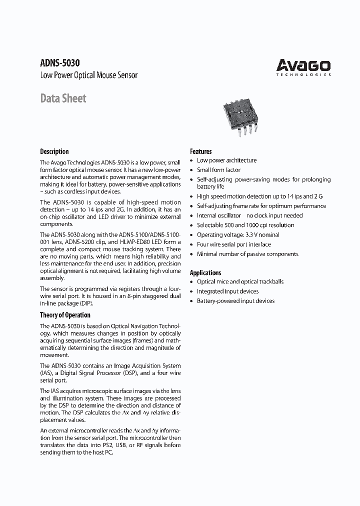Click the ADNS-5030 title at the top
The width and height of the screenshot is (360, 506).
point(59,63)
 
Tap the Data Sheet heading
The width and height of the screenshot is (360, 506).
point(63,98)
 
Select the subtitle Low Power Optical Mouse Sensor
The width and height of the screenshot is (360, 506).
point(88,75)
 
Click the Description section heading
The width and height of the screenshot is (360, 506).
point(54,151)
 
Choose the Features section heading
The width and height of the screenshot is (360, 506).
point(200,151)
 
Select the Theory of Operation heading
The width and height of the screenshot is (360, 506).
point(65,315)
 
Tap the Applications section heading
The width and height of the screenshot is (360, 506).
point(205,272)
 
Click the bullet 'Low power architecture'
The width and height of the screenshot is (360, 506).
point(226,160)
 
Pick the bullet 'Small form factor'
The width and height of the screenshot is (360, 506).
point(218,170)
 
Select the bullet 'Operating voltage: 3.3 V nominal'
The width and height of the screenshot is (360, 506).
point(238,234)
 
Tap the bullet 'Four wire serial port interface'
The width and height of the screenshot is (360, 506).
point(233,244)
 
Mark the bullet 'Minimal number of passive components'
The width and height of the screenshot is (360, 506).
point(247,254)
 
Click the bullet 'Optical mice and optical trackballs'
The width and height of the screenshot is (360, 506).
point(240,281)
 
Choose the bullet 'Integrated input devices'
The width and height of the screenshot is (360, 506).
point(227,291)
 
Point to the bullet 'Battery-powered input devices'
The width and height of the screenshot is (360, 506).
point(235,301)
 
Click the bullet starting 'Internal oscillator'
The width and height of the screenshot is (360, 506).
point(249,215)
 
